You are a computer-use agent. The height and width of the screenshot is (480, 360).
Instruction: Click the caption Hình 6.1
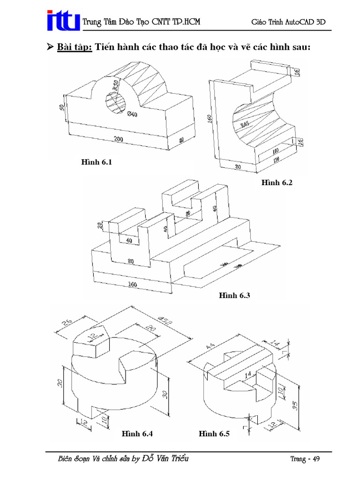(96, 162)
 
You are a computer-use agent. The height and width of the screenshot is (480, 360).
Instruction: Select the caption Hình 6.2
(277, 182)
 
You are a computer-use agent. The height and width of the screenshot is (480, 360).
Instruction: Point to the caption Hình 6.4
(137, 434)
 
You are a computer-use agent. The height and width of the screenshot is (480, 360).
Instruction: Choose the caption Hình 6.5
(214, 434)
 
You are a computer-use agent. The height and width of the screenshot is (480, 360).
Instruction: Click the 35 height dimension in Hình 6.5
(295, 405)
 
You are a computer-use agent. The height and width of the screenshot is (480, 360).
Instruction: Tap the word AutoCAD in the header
(294, 22)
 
